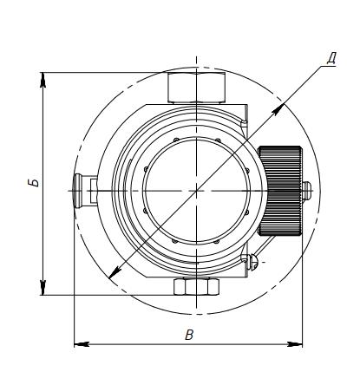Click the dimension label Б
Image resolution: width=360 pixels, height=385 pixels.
click(x=35, y=182)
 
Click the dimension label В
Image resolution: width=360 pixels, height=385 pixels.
click(x=189, y=335)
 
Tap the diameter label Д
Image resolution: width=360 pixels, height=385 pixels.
click(x=331, y=59)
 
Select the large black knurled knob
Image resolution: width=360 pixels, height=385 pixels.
click(x=280, y=191)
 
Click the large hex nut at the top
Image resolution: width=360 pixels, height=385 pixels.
click(x=196, y=88)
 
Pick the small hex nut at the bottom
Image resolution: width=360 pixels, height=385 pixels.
click(x=196, y=286)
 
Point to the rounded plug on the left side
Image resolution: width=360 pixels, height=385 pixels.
click(x=79, y=191)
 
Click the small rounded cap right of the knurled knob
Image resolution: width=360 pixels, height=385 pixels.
click(x=307, y=191)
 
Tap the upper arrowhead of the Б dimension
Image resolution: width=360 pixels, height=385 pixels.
click(x=43, y=79)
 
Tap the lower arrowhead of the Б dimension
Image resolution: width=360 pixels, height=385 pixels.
click(x=43, y=288)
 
